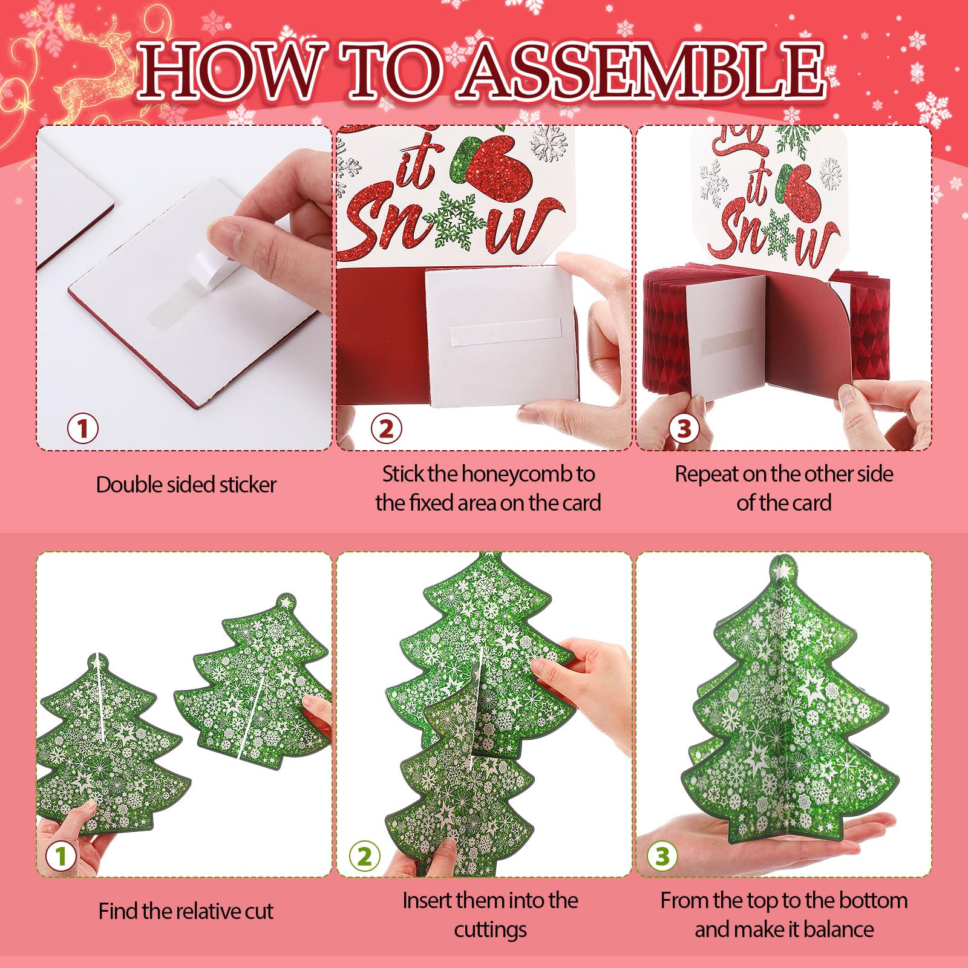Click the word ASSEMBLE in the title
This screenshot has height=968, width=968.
(x=642, y=71)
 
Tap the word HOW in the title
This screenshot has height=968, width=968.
(x=231, y=71)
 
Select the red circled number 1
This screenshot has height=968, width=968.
(x=82, y=429)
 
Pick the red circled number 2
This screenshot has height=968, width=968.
(x=386, y=429)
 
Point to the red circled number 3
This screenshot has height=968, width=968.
(x=684, y=429)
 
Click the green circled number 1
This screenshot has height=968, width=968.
(x=60, y=856)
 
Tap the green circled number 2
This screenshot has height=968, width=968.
(x=365, y=856)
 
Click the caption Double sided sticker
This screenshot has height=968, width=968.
(x=186, y=485)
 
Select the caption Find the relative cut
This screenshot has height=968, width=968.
(x=186, y=911)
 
